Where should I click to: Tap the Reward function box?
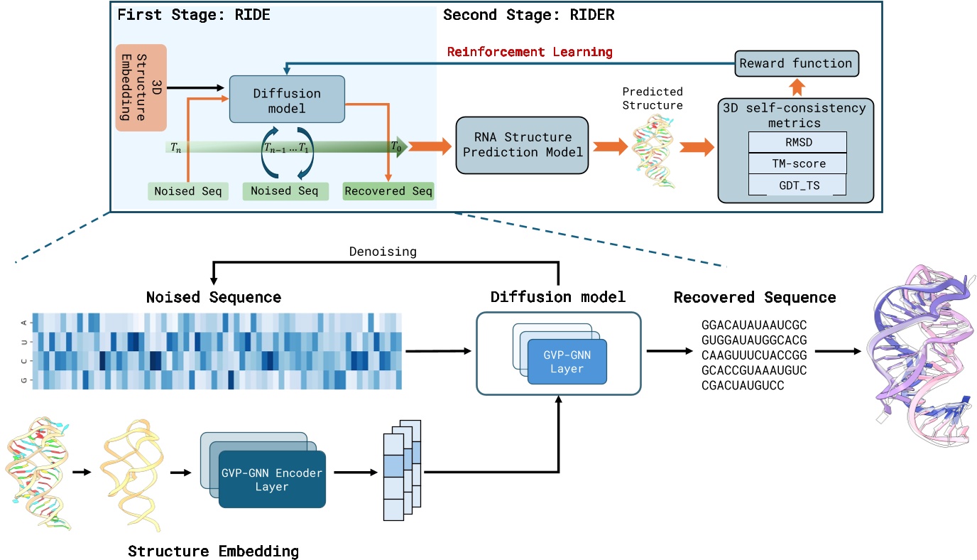tap(796, 63)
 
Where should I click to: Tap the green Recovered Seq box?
tap(388, 191)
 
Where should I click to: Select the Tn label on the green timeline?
tap(175, 147)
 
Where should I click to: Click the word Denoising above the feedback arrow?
tap(382, 251)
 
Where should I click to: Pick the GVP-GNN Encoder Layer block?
tap(271, 480)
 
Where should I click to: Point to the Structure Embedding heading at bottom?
tap(213, 551)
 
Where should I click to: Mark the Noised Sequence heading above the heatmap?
tap(213, 297)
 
